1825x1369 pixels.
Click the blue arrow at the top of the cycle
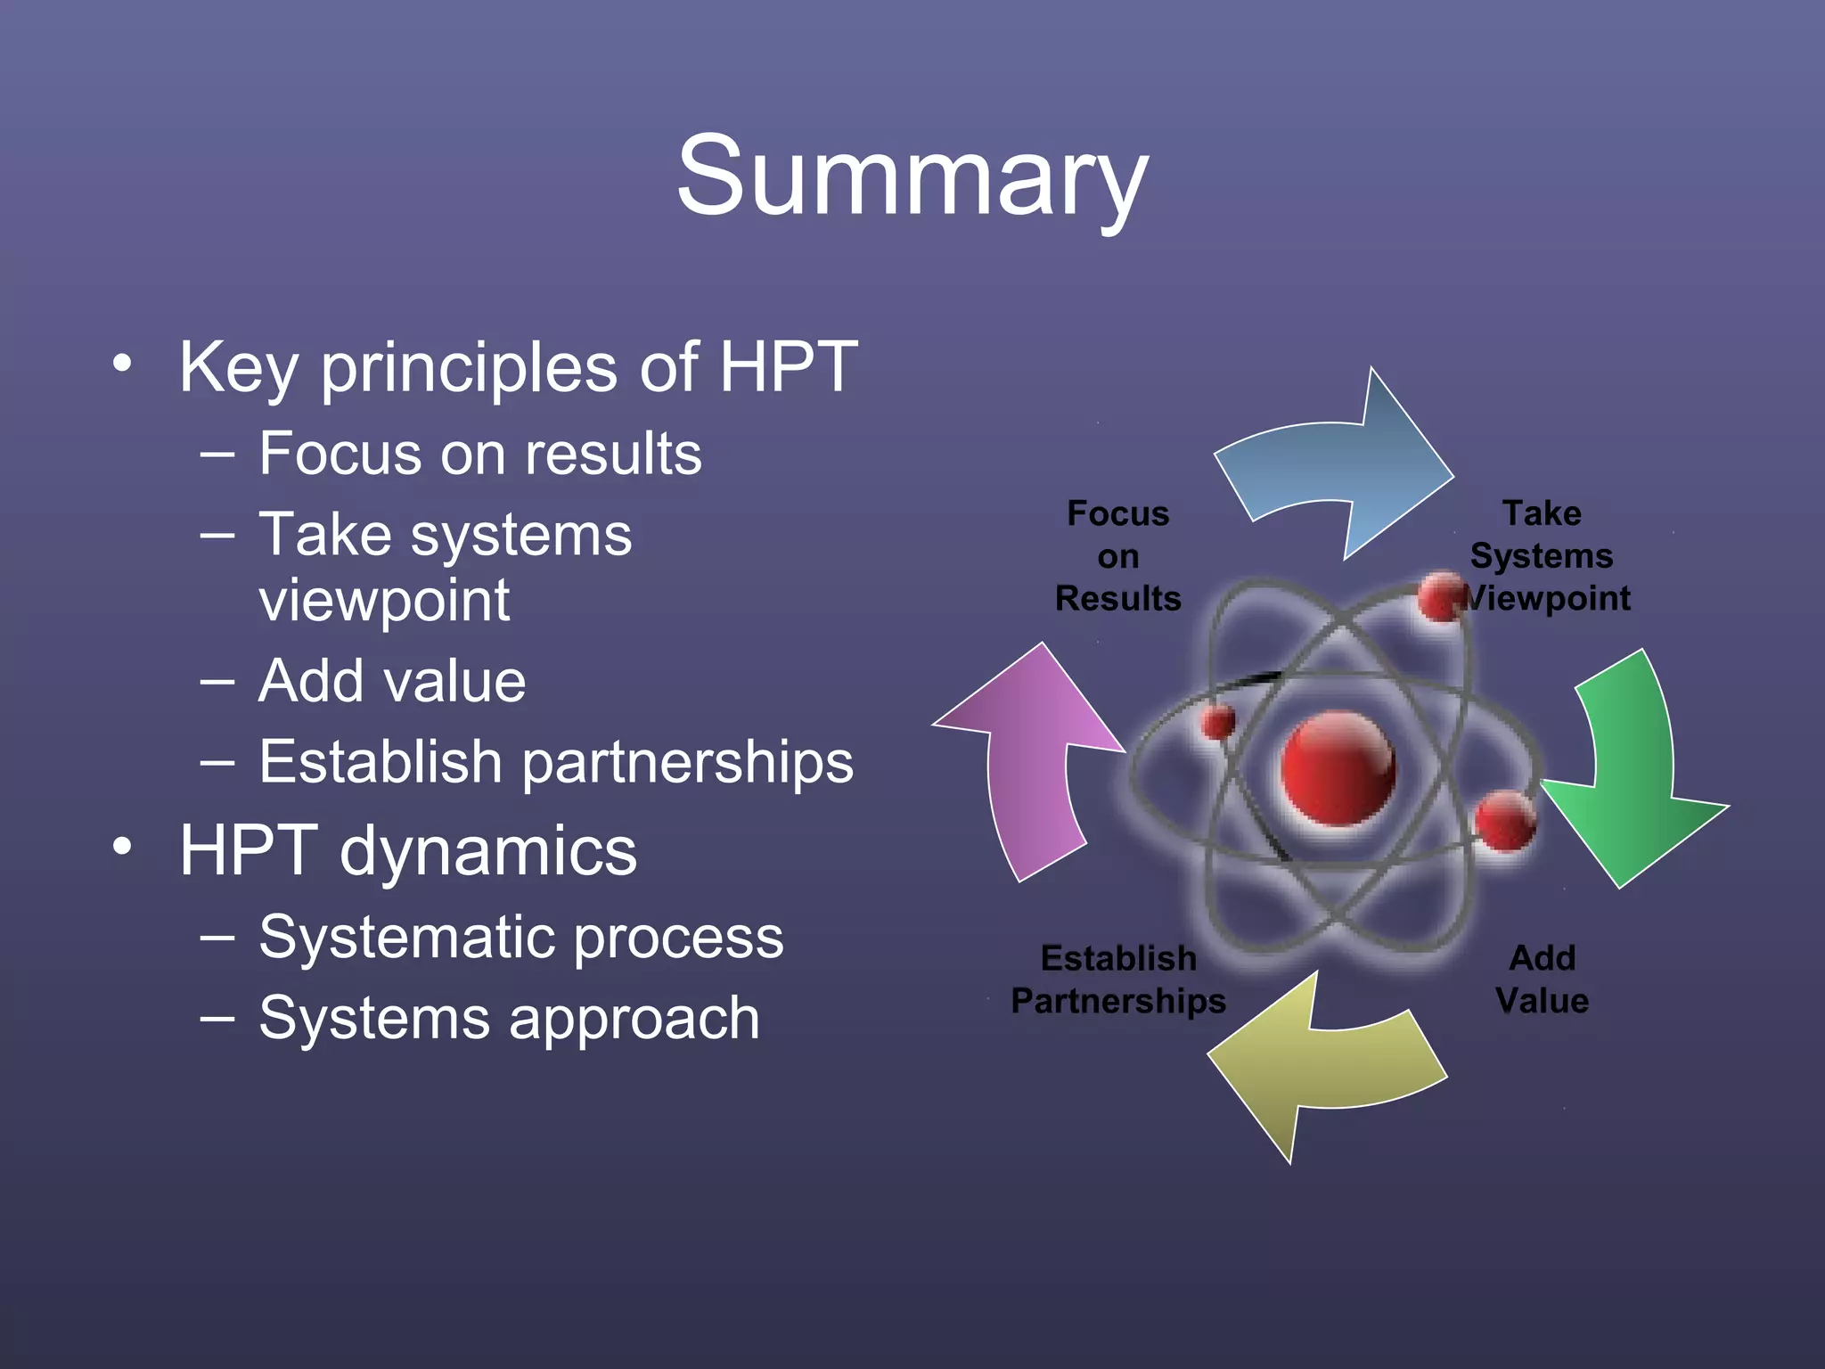tap(1337, 472)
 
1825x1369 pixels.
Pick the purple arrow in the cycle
tap(1034, 766)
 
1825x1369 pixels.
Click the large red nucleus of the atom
tap(1338, 766)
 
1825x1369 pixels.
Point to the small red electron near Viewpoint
tap(1440, 597)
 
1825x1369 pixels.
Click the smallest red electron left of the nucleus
tap(1217, 721)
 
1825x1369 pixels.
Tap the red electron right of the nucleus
tap(1504, 820)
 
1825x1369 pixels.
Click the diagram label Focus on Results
tap(1117, 555)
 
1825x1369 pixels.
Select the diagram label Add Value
tap(1542, 979)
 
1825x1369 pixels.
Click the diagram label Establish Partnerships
tap(1118, 979)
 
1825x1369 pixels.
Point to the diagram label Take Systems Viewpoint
tap(1543, 555)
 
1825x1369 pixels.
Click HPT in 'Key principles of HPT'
tap(788, 366)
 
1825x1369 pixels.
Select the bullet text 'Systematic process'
tap(521, 938)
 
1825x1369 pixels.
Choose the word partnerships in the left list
tap(687, 763)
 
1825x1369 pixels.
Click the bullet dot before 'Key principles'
tap(122, 364)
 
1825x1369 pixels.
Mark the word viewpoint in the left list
tap(384, 601)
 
